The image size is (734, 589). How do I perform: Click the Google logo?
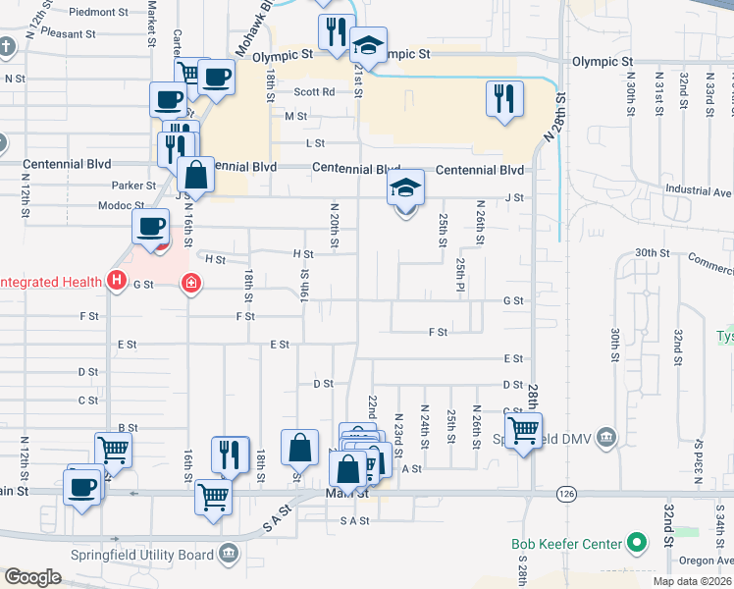click(32, 577)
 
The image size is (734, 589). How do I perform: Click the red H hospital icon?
click(117, 283)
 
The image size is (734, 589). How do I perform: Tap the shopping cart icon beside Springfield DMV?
click(523, 428)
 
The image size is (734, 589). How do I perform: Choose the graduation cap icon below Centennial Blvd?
click(405, 187)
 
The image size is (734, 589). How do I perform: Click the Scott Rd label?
click(314, 92)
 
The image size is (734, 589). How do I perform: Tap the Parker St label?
click(133, 185)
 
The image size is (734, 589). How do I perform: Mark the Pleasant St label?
click(69, 32)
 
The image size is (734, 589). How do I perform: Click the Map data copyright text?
click(692, 581)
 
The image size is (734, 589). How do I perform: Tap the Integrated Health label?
click(51, 283)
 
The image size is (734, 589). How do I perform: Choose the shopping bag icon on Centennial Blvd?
click(196, 175)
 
